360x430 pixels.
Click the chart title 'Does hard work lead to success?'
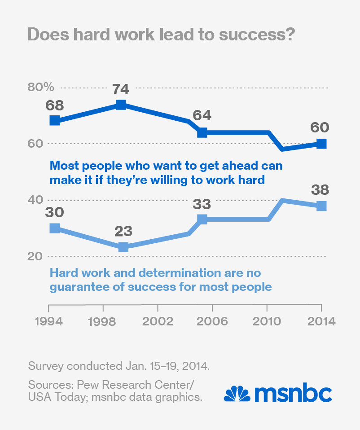point(161,34)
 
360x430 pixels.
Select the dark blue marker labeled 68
point(54,120)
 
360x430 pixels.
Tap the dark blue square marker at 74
point(120,105)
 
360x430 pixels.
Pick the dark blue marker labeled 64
point(202,132)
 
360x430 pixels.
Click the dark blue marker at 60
point(321,144)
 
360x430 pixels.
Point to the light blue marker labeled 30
point(54,228)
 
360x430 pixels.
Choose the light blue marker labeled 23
point(123,247)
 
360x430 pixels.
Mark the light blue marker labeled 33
point(202,219)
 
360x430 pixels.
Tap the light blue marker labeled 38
point(321,206)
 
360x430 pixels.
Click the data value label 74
point(120,89)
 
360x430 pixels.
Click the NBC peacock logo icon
point(237,394)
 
